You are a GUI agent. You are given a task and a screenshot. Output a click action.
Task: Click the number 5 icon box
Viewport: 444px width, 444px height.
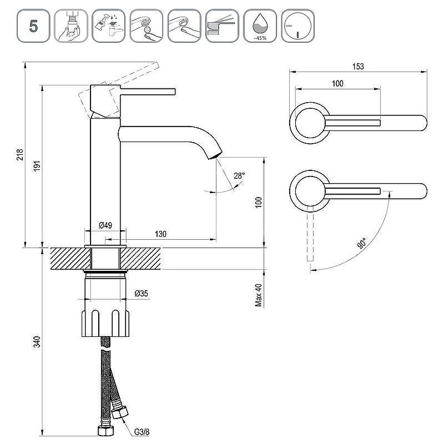click(x=34, y=26)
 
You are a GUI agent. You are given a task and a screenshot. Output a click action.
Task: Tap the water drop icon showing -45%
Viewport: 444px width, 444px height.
click(x=259, y=26)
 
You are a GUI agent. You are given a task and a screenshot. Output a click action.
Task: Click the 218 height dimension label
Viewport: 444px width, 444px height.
click(x=20, y=155)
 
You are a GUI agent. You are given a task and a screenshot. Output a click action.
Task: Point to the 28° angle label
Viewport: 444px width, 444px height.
click(x=239, y=176)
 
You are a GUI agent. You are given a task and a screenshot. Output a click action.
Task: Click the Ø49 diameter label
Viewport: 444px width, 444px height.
click(x=105, y=225)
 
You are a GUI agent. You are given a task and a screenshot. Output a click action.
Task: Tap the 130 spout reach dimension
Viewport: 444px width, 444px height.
click(x=160, y=234)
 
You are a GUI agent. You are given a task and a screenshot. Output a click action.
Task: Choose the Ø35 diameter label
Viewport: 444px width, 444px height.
click(x=141, y=294)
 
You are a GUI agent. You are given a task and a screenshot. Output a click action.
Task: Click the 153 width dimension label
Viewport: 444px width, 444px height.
click(x=358, y=67)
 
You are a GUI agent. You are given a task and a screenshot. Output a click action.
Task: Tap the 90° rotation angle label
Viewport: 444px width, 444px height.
click(x=362, y=243)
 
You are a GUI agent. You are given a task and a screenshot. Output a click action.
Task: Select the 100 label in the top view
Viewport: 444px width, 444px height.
click(x=337, y=84)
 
